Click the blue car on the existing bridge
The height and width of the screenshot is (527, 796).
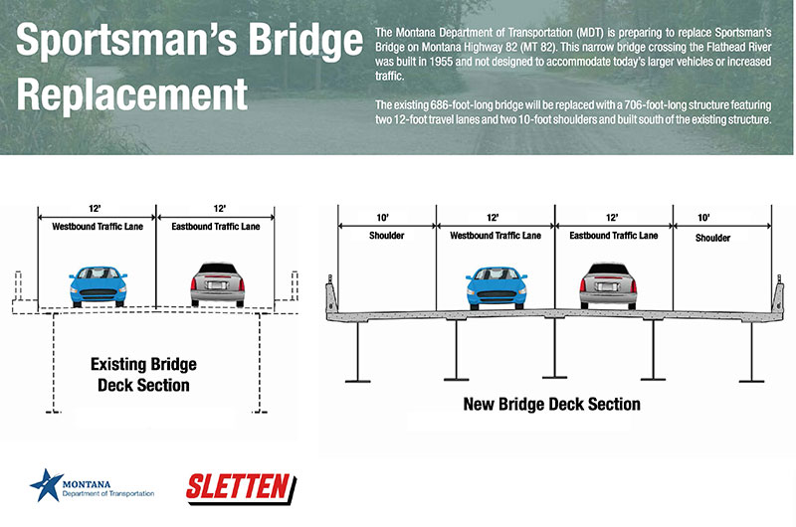point(99,284)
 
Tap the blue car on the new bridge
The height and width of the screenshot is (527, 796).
point(496,285)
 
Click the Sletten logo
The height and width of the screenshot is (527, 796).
point(243,487)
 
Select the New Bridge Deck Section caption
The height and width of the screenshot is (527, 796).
point(551,405)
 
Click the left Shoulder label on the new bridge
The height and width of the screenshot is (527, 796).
point(386,237)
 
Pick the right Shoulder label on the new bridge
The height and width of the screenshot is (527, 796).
point(712,238)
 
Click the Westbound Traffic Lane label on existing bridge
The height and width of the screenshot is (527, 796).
point(97,227)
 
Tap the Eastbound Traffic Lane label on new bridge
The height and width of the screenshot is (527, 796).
point(614,236)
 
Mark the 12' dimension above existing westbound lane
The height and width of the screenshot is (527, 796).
point(97,209)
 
